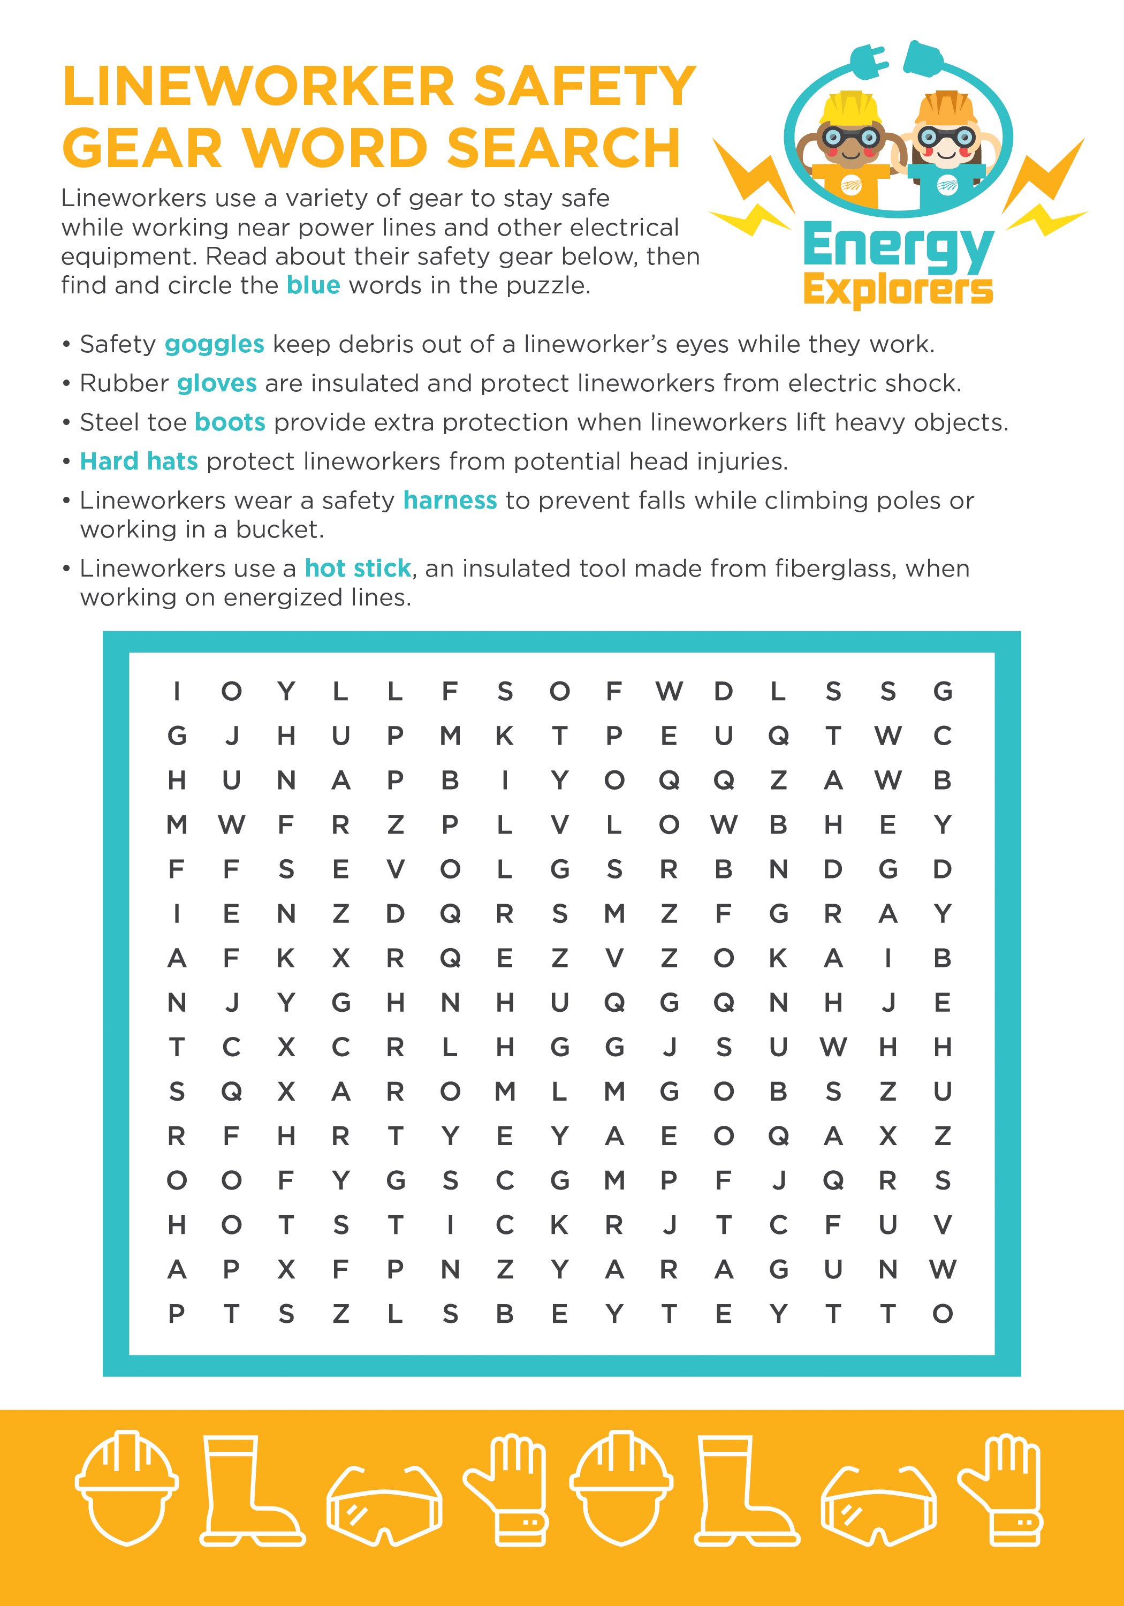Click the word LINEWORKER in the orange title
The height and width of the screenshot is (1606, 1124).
pyautogui.click(x=259, y=86)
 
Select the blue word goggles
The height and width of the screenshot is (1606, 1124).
pyautogui.click(x=214, y=344)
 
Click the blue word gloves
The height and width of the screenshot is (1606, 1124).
pyautogui.click(x=217, y=383)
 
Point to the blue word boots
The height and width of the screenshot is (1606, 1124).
pyautogui.click(x=230, y=422)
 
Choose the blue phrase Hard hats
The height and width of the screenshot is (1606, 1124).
pyautogui.click(x=139, y=461)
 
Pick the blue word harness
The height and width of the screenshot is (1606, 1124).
pyautogui.click(x=450, y=501)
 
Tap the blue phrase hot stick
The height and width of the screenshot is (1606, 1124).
pyautogui.click(x=358, y=568)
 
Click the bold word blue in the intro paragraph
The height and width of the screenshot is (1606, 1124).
pyautogui.click(x=313, y=285)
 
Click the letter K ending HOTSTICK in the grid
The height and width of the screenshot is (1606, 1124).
pyautogui.click(x=559, y=1225)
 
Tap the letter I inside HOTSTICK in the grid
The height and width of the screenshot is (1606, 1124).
pyautogui.click(x=450, y=1225)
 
